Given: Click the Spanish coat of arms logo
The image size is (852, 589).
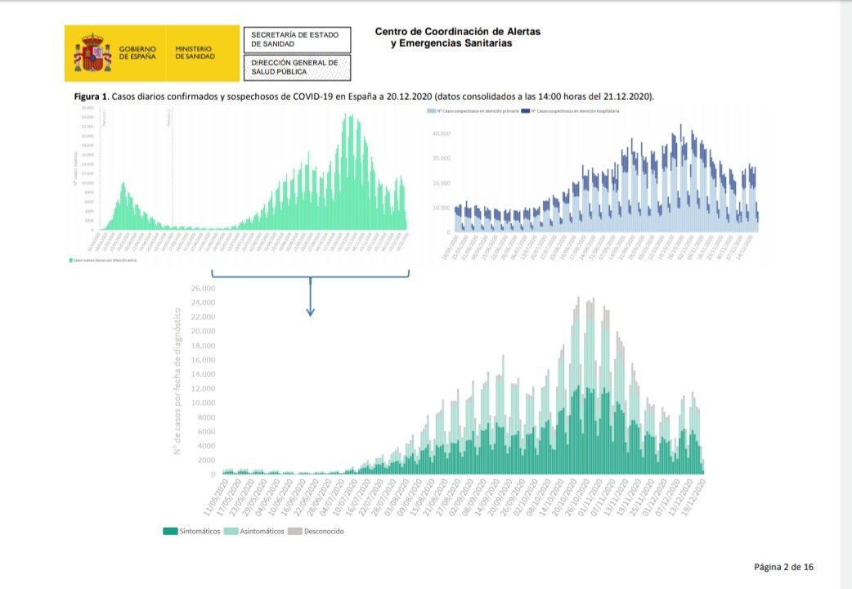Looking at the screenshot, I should click(x=92, y=53).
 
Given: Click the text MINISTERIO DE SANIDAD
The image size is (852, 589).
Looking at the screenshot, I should click(x=195, y=53).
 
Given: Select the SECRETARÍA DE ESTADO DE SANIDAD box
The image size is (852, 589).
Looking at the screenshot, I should click(x=297, y=39).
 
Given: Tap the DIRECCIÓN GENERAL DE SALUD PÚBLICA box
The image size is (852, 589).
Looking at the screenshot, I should click(x=297, y=67).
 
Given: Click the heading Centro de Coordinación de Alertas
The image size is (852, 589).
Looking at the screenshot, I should click(x=457, y=32).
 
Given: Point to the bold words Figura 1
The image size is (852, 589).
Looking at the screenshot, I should click(x=91, y=97).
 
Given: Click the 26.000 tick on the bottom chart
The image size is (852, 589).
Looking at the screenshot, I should click(x=203, y=289).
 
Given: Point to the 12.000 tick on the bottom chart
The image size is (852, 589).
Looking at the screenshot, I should click(x=203, y=389).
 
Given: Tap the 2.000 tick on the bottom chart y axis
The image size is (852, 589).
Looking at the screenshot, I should click(x=206, y=460).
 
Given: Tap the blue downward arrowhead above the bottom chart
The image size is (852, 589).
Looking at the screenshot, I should click(x=311, y=312).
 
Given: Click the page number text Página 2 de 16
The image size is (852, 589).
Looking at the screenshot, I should click(x=783, y=566).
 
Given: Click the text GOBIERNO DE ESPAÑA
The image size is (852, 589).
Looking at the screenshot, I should click(x=137, y=53).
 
